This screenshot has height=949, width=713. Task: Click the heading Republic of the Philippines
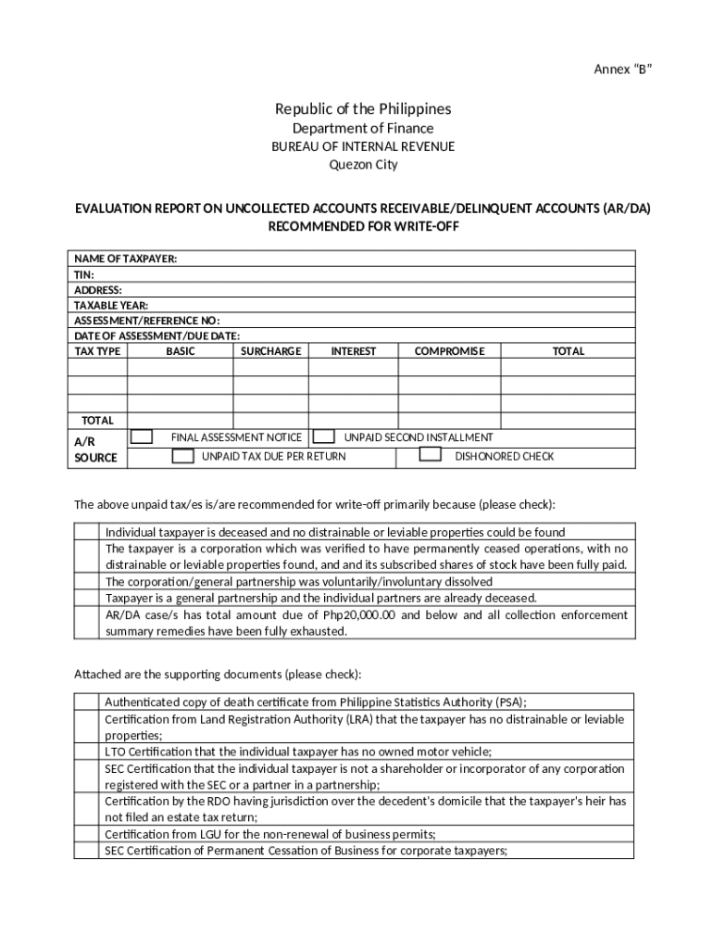[x=356, y=108]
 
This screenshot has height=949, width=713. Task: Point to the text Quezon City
[x=356, y=165]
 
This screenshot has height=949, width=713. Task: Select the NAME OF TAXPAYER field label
[x=125, y=259]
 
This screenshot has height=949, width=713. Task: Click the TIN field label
[x=83, y=274]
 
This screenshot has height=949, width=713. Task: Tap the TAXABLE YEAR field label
[x=110, y=305]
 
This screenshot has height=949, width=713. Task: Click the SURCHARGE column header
[x=270, y=351]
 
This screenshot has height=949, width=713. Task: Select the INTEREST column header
[x=354, y=351]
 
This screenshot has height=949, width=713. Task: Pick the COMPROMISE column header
[x=449, y=351]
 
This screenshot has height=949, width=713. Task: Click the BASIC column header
[x=181, y=351]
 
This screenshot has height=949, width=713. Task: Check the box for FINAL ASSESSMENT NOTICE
[x=142, y=437]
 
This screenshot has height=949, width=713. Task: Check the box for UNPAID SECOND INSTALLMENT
[x=323, y=437]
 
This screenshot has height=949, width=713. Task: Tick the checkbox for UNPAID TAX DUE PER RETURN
[x=184, y=456]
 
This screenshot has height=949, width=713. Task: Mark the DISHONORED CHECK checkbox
[x=430, y=455]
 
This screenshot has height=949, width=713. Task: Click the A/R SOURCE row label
[x=95, y=449]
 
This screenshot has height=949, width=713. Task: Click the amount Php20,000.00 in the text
[x=359, y=615]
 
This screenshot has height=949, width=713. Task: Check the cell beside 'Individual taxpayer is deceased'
[x=86, y=532]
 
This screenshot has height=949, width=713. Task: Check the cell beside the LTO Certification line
[x=86, y=752]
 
